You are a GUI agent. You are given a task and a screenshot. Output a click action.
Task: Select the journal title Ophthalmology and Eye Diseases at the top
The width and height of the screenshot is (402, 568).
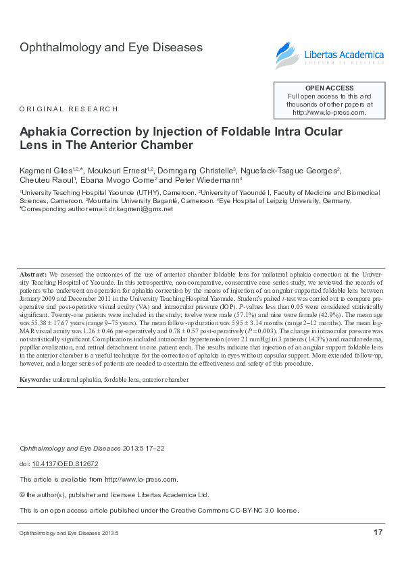[111, 48]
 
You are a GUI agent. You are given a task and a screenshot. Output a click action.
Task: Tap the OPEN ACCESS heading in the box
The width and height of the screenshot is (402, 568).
[329, 88]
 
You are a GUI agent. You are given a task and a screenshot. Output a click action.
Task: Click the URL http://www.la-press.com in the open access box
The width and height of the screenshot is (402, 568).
[329, 113]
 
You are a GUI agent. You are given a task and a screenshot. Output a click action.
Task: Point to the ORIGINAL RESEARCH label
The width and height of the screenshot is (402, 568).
[69, 109]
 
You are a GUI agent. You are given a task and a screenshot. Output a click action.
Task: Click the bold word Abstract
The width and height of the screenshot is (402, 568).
[33, 276]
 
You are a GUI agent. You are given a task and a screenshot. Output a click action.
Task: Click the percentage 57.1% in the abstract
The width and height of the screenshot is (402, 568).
[253, 315]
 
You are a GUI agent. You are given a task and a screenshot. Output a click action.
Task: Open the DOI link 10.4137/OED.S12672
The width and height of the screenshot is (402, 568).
[66, 464]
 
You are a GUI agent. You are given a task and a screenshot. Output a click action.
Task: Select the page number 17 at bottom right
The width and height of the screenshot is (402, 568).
[378, 533]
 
